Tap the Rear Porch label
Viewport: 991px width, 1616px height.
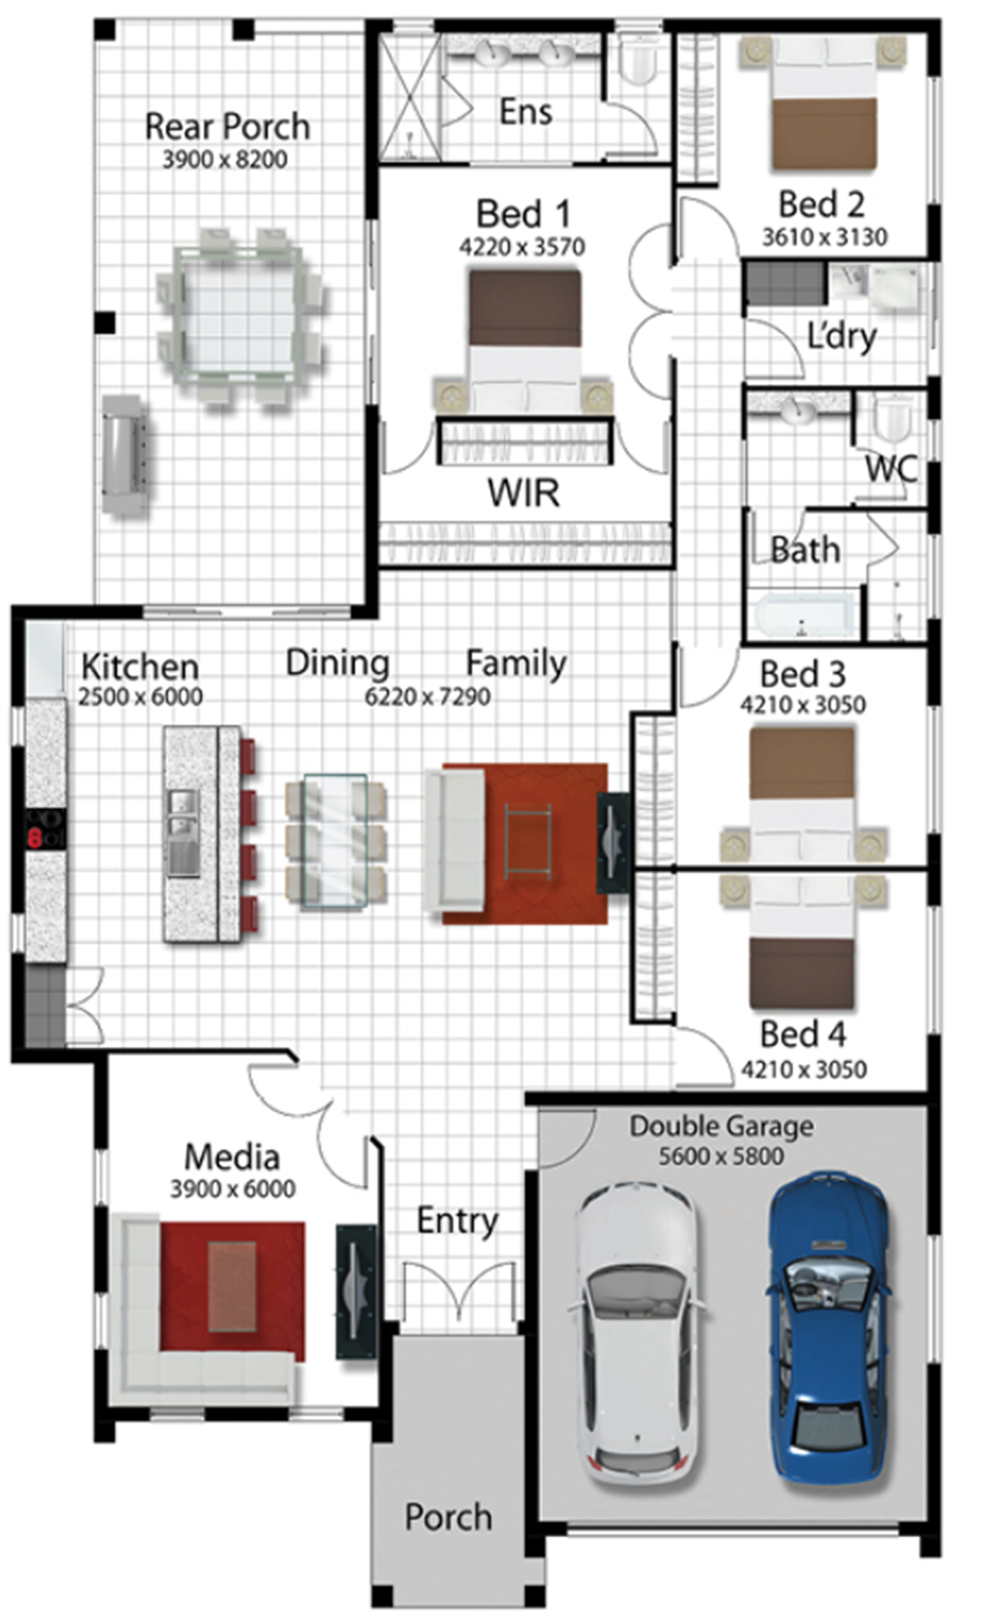[x=227, y=127]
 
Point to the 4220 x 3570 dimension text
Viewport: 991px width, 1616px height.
[x=522, y=246]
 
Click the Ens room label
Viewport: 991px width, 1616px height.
[x=526, y=112]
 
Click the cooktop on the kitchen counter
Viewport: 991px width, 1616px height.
[x=46, y=828]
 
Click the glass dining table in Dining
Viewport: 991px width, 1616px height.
[x=335, y=841]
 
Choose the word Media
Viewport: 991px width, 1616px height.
[x=232, y=1157]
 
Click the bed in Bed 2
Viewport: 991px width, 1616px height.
[x=824, y=103]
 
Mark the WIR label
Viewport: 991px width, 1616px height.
[x=524, y=493]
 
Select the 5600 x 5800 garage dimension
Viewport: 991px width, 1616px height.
[x=721, y=1156]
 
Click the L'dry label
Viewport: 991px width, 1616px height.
[x=842, y=337]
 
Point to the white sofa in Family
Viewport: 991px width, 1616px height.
[x=454, y=841]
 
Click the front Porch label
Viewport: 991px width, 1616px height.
[x=448, y=1518]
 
